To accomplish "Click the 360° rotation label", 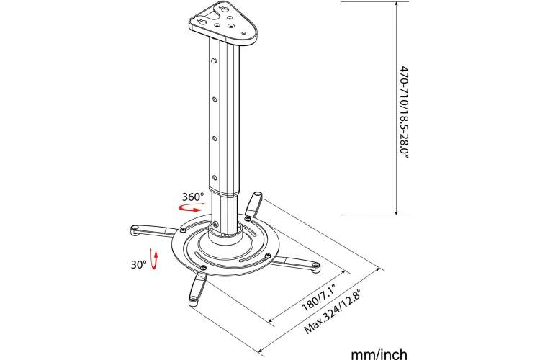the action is coord(193,197).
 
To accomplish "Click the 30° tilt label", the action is coord(138,264).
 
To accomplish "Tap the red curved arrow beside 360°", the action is coord(191,208).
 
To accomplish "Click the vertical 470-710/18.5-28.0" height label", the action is coord(405,112).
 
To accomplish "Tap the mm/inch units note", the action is coord(379,354).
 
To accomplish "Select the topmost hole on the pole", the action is coord(214,61).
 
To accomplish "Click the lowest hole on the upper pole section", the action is coord(215,178).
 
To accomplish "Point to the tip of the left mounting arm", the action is coord(134,230).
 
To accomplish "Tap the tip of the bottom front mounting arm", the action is coord(193,300).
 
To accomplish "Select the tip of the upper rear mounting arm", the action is coord(257,196).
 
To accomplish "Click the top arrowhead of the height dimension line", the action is coord(397,4).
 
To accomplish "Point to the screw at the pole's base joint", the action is coord(215,224).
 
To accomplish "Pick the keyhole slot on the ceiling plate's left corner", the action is coord(202,22).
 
